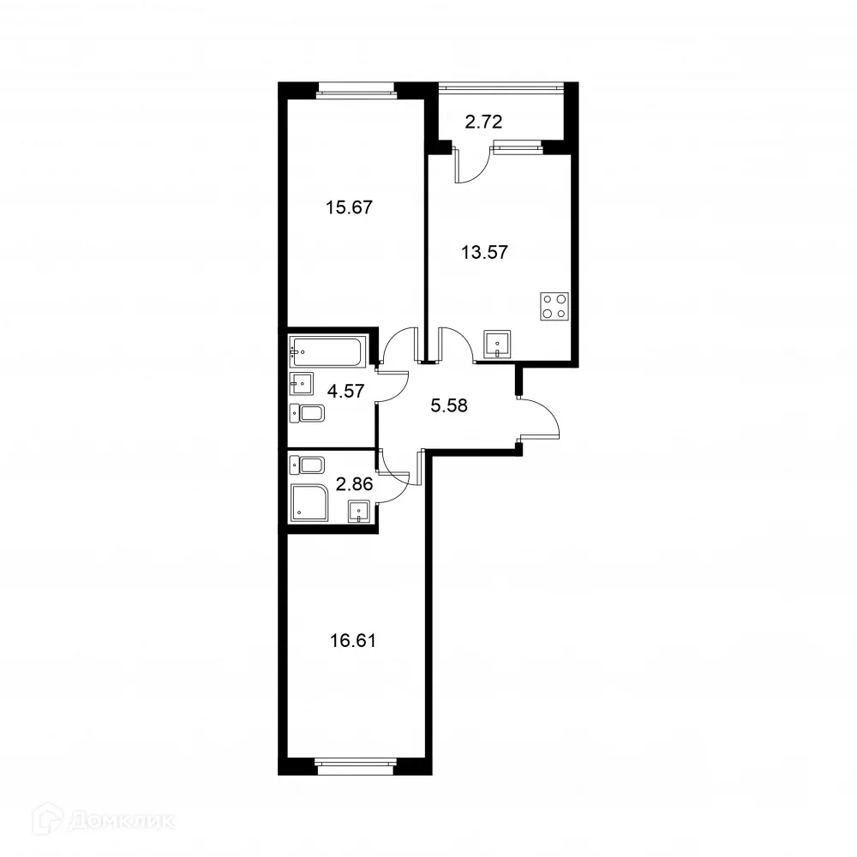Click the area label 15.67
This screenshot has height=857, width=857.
click(349, 207)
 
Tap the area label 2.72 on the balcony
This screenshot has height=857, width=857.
click(482, 121)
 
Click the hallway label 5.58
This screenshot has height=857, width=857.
click(448, 406)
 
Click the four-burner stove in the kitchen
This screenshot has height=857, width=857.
click(554, 306)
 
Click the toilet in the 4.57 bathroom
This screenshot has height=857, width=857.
click(308, 415)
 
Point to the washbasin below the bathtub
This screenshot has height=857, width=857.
click(302, 382)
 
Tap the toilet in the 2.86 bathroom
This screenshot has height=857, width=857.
click(308, 466)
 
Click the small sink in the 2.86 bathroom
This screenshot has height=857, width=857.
click(359, 512)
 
